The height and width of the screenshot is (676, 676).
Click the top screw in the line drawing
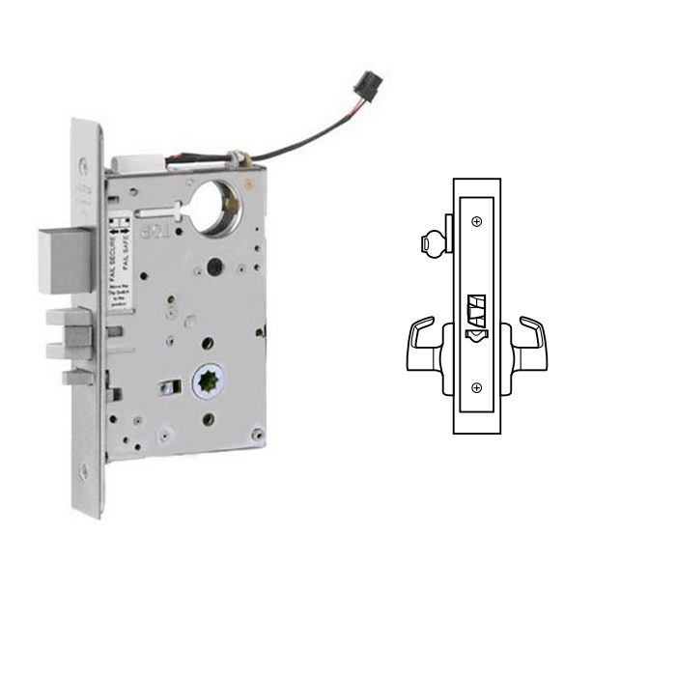477,222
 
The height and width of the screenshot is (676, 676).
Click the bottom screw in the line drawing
477,386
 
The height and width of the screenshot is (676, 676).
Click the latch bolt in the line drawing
477,309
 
